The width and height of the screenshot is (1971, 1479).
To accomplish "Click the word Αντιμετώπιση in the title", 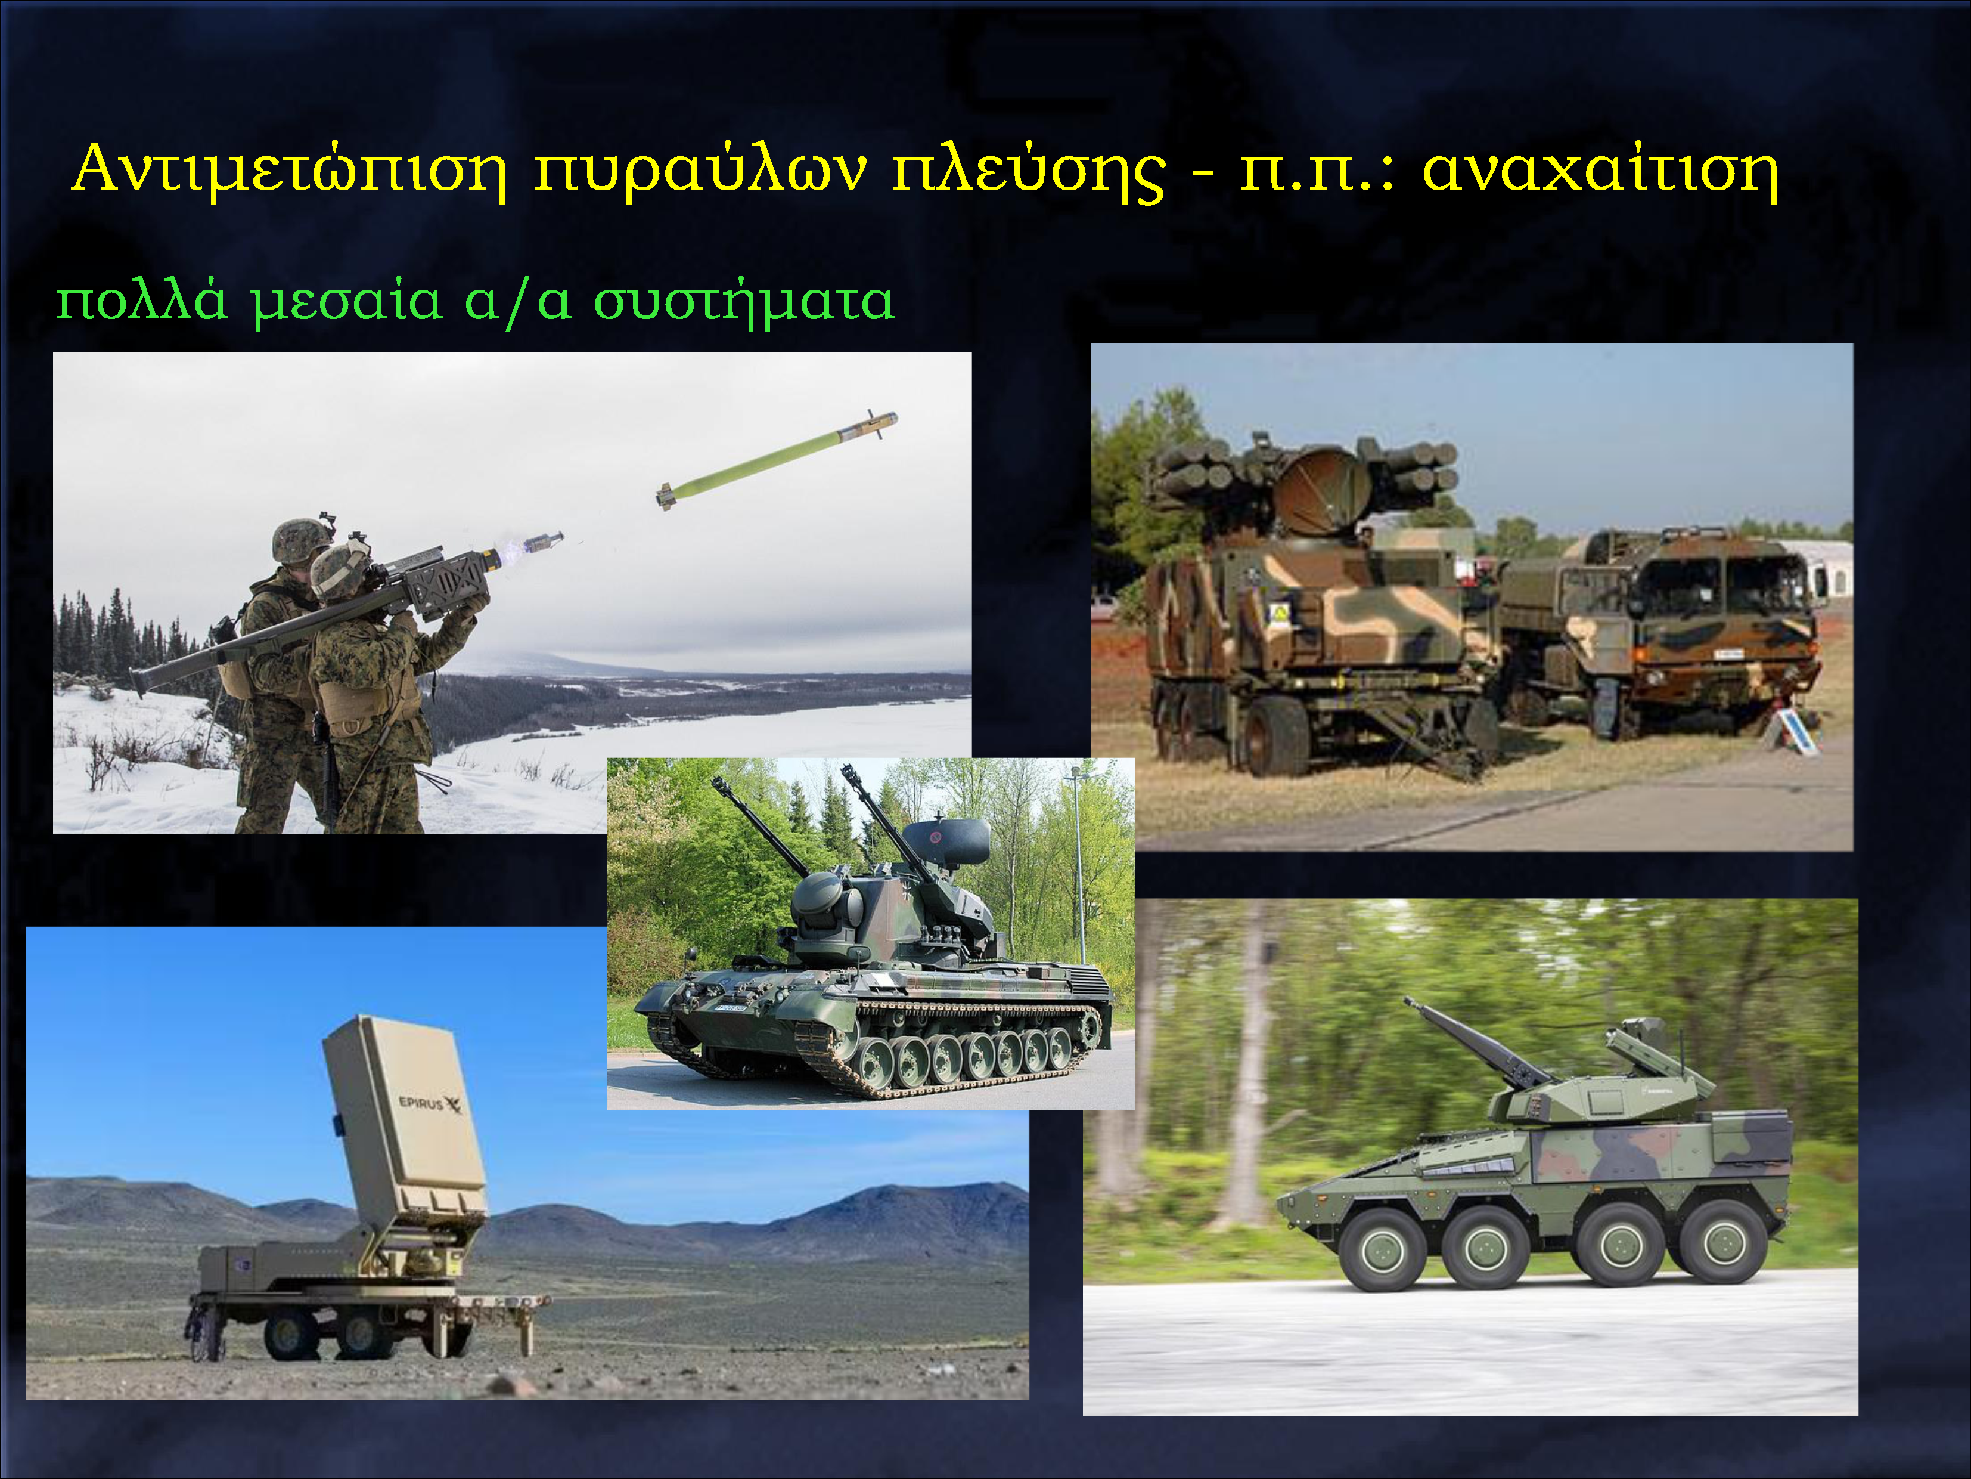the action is (x=290, y=169).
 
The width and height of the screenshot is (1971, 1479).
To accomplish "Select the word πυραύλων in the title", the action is (x=700, y=171).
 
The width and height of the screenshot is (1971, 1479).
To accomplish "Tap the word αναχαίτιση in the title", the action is (x=1600, y=169).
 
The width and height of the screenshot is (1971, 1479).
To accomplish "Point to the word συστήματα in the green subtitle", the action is (x=744, y=301).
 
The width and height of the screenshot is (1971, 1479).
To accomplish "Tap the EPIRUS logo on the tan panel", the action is (x=430, y=1104).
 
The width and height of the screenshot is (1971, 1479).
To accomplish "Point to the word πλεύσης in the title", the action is (x=1029, y=171).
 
